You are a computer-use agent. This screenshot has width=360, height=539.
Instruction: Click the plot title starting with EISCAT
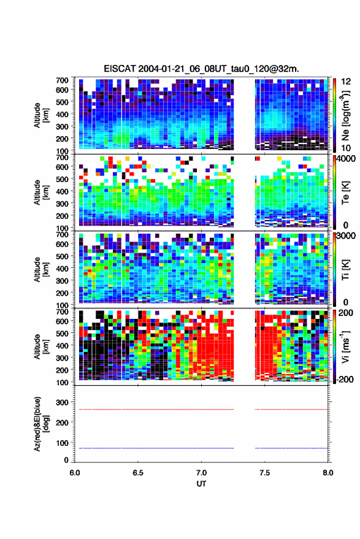pyautogui.click(x=201, y=69)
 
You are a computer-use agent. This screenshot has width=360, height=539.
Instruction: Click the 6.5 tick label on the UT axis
pyautogui.click(x=138, y=473)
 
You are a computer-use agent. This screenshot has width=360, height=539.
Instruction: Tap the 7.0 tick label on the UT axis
pyautogui.click(x=201, y=473)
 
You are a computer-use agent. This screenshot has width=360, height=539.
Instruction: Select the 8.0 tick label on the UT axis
pyautogui.click(x=327, y=473)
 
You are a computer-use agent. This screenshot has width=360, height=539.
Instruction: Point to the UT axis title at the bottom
pyautogui.click(x=201, y=484)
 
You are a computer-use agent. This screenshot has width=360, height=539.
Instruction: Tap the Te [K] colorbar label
pyautogui.click(x=345, y=193)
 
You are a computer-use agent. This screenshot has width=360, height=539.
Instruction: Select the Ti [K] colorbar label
pyautogui.click(x=345, y=270)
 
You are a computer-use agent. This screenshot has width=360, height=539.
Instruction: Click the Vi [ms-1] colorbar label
pyautogui.click(x=345, y=346)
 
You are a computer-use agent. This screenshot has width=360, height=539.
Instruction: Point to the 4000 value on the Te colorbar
pyautogui.click(x=346, y=159)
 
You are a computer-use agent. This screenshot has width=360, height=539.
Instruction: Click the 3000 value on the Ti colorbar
pyautogui.click(x=346, y=236)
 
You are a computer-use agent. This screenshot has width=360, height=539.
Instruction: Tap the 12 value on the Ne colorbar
pyautogui.click(x=346, y=82)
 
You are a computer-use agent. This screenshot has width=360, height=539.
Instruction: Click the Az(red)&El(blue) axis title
pyautogui.click(x=41, y=424)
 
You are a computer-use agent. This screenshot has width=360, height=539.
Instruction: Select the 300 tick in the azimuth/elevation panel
pyautogui.click(x=62, y=402)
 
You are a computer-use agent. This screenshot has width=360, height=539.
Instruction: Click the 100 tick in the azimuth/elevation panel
pyautogui.click(x=62, y=443)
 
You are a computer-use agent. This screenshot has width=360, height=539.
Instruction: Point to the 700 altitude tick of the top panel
pyautogui.click(x=62, y=80)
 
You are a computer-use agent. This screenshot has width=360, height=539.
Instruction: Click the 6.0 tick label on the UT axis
pyautogui.click(x=75, y=473)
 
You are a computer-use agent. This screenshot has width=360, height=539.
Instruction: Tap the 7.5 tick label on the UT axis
pyautogui.click(x=264, y=473)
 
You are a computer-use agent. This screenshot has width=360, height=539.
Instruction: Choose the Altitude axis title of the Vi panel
pyautogui.click(x=41, y=346)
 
